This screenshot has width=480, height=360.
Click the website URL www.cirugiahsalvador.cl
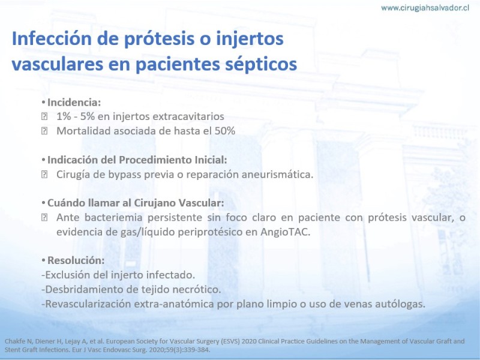point(425,8)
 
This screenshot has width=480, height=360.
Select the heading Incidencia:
point(74,102)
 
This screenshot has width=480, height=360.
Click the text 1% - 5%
point(76,116)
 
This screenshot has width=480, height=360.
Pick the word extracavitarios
point(188,116)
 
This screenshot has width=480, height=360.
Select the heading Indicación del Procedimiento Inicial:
point(137,160)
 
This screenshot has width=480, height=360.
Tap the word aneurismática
point(278,175)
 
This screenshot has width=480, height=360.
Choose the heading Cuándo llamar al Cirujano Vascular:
point(136,203)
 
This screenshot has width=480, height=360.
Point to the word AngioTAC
point(286,232)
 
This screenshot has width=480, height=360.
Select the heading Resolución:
point(76,260)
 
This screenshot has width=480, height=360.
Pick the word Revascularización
point(88,304)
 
